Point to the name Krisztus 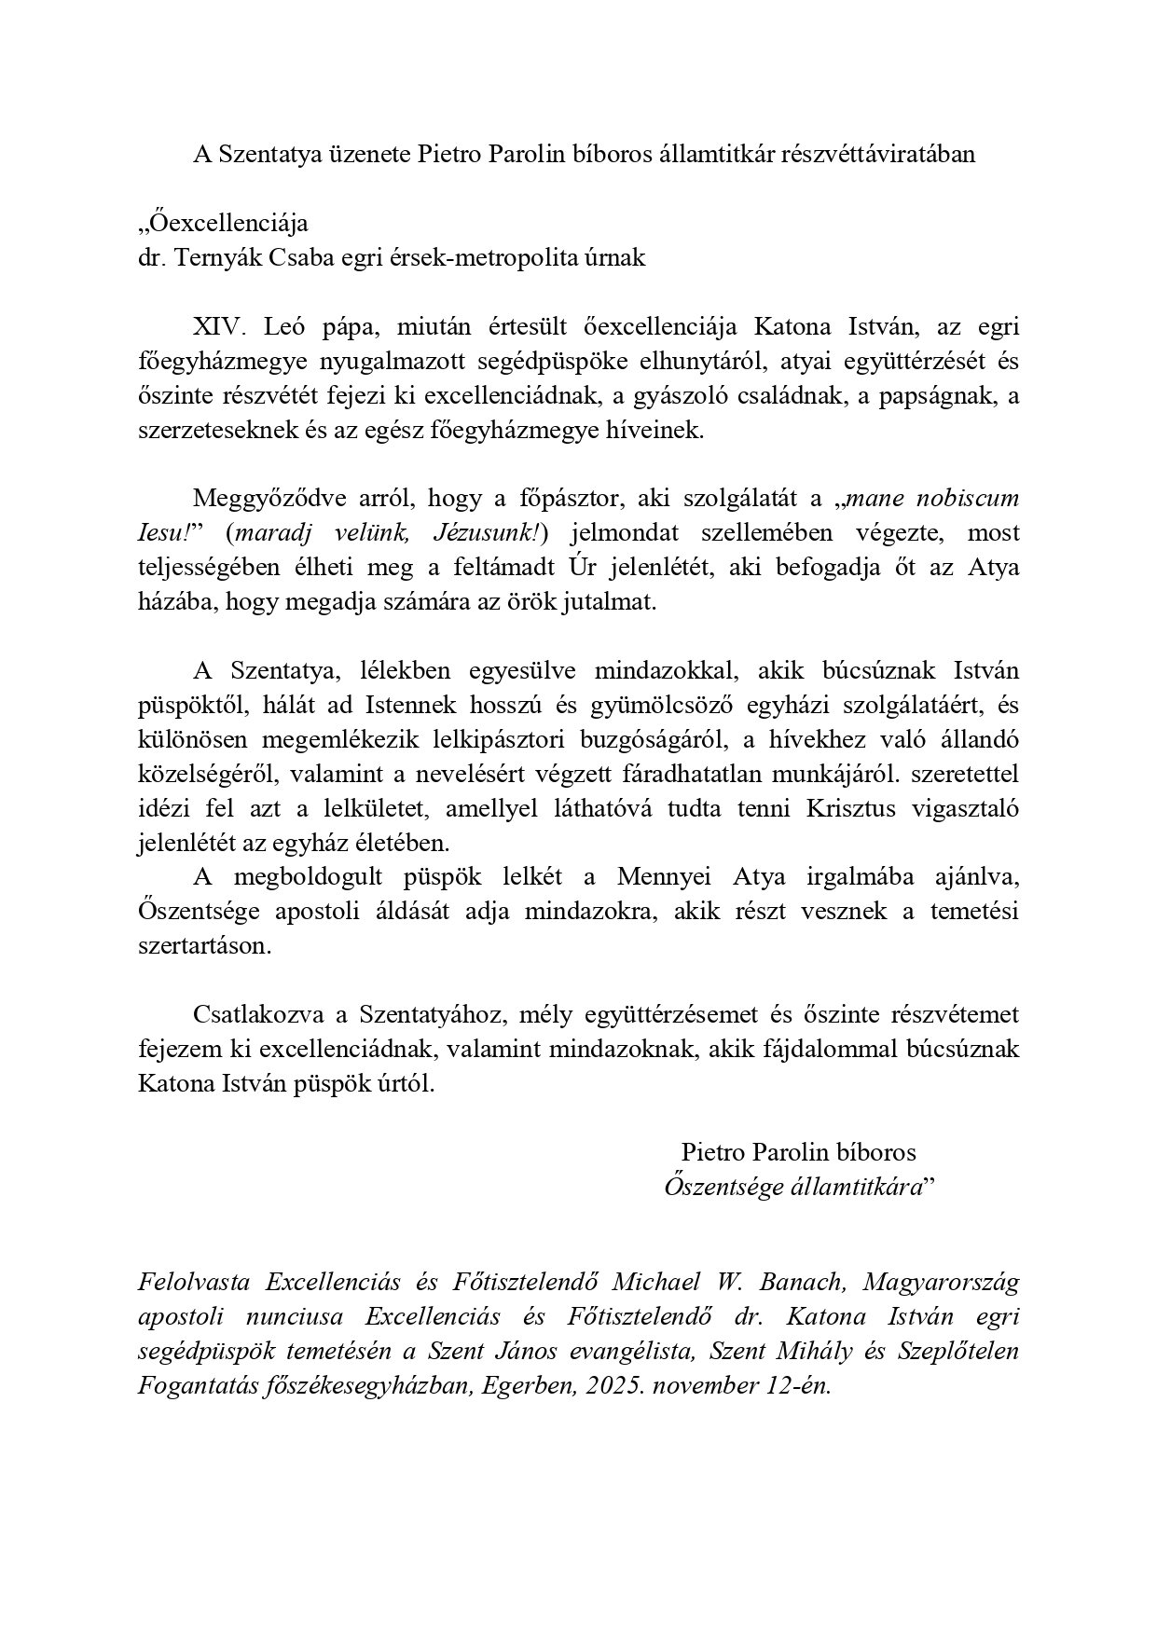coord(836,808)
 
